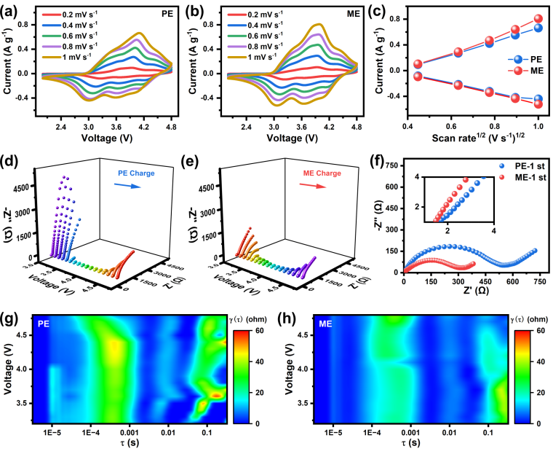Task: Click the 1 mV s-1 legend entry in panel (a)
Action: [67, 57]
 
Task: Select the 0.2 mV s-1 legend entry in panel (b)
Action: [255, 15]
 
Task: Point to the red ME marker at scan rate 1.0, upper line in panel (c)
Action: [538, 19]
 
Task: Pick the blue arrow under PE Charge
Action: [127, 186]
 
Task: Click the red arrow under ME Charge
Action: [313, 186]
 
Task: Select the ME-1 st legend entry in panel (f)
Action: [522, 177]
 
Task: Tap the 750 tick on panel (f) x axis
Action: [540, 281]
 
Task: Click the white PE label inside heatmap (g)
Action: [44, 324]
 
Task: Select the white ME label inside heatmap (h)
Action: [325, 324]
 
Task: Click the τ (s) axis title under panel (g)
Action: [129, 442]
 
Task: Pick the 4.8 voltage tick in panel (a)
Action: [172, 127]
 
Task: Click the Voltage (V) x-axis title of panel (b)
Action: [292, 138]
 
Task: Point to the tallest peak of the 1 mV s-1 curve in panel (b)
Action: [319, 24]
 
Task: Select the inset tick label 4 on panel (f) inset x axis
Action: [493, 231]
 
